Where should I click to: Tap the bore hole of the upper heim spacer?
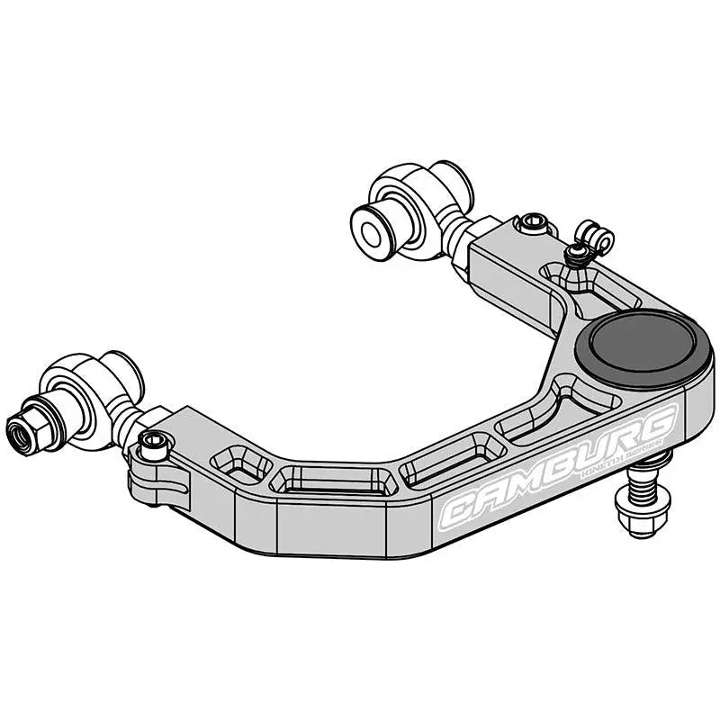[x=370, y=229]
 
